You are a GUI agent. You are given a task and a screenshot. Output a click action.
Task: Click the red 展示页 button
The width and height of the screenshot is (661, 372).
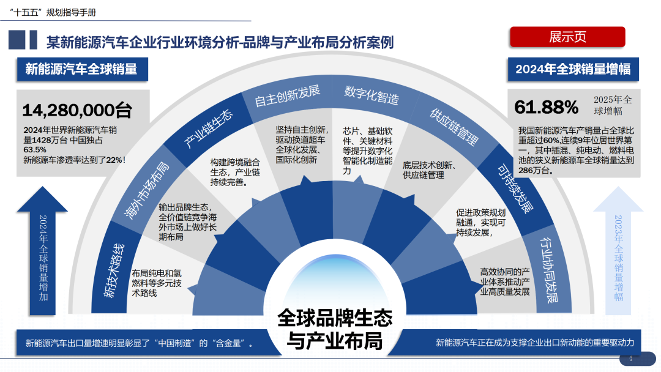[567, 37]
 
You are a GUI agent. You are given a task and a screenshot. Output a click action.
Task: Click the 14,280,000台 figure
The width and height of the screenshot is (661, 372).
[77, 110]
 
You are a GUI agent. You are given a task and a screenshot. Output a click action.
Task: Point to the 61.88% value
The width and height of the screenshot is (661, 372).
[546, 108]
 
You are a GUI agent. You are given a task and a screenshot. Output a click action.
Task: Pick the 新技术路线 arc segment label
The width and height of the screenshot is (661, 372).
[114, 270]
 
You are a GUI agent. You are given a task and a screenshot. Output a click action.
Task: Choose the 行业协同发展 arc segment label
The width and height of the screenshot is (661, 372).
[546, 269]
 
